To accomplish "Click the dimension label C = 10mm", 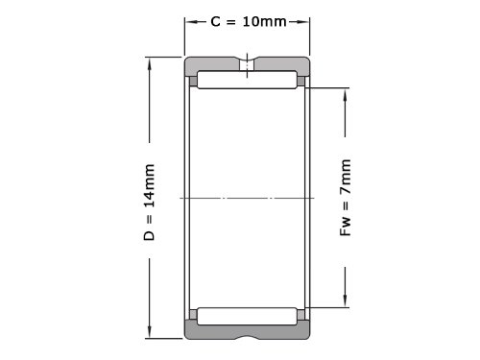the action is tap(249, 22).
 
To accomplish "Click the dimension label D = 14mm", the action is tap(149, 203).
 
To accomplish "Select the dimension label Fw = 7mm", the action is tap(346, 198).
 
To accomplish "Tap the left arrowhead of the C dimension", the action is tap(191, 22).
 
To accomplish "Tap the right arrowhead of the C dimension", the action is tap(303, 22).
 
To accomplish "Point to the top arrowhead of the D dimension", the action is tap(149, 63).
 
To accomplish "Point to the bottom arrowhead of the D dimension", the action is tap(149, 332).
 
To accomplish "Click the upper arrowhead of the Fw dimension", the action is tap(345, 94).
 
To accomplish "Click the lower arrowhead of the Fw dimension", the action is tap(345, 301).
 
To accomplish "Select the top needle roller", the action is tap(247, 80).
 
